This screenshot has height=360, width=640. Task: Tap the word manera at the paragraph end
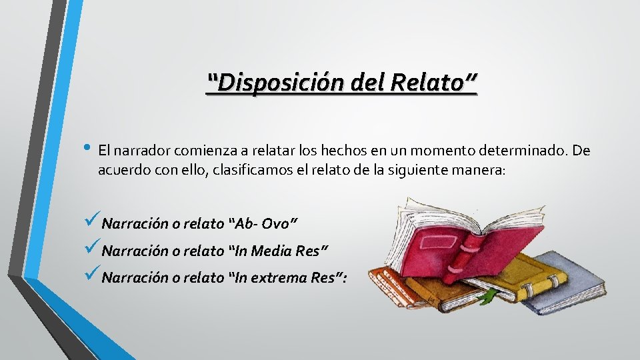click(481, 170)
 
